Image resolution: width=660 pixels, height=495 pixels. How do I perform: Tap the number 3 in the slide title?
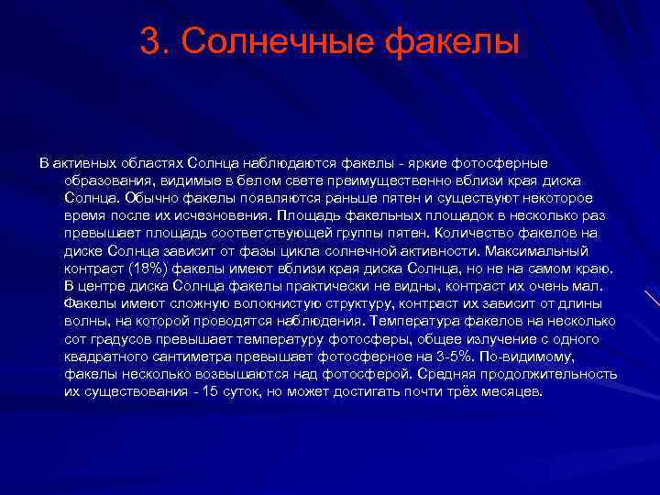click(x=149, y=42)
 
